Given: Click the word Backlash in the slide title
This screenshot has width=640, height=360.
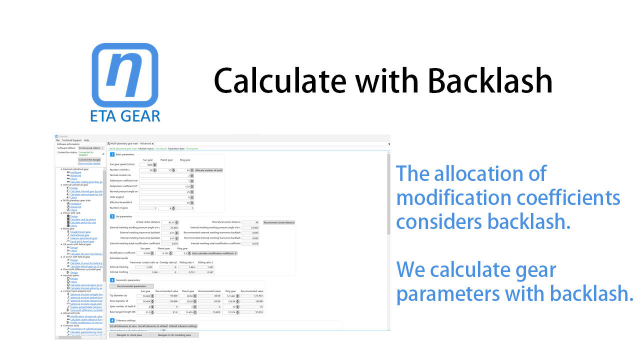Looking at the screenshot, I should click(x=490, y=80).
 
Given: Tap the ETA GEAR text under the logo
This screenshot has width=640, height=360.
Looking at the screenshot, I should click(x=125, y=115).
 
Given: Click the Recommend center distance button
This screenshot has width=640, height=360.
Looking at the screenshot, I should click(x=279, y=222).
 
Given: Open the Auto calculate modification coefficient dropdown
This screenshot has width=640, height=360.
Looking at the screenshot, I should click(x=214, y=253).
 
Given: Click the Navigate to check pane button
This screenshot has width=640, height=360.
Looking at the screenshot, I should click(x=129, y=335).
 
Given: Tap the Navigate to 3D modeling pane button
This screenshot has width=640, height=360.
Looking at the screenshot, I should click(x=174, y=335).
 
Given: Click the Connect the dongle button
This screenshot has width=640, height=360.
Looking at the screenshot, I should click(x=89, y=159).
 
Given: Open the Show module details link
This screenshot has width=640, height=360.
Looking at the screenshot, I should click(x=89, y=163).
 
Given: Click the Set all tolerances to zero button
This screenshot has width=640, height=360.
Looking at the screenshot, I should click(x=123, y=326).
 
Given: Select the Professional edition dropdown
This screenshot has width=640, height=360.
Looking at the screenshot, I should click(x=91, y=148).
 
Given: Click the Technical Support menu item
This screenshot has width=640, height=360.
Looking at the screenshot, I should click(x=71, y=140).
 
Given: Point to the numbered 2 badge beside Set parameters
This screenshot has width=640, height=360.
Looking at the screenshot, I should click(x=112, y=216).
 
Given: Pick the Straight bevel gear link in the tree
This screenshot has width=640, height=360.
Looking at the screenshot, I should click(x=80, y=232).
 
